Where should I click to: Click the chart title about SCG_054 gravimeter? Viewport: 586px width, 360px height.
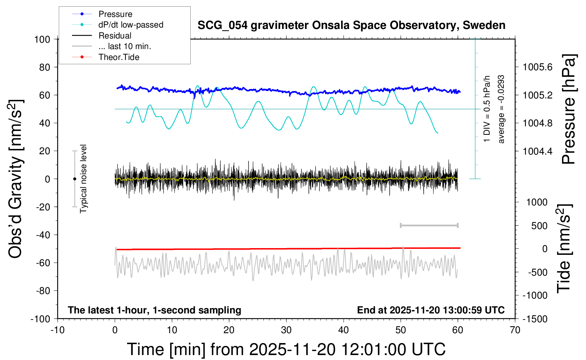(x=351, y=25)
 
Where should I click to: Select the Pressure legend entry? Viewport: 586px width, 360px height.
(x=115, y=14)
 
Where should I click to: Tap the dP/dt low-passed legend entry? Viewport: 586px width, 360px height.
(x=131, y=25)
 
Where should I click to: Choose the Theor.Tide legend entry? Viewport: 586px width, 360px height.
(x=119, y=57)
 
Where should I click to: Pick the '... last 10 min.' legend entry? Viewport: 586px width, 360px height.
(x=125, y=46)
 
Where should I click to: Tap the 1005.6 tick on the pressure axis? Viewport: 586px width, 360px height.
(x=538, y=67)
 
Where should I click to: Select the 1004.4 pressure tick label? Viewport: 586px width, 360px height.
(x=538, y=151)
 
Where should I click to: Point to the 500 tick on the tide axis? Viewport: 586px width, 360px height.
(x=539, y=226)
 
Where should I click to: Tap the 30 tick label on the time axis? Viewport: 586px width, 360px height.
(x=286, y=330)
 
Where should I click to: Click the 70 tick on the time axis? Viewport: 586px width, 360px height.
(x=515, y=330)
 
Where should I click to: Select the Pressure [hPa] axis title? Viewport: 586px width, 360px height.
(x=569, y=109)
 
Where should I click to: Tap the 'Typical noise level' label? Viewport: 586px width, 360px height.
(x=83, y=179)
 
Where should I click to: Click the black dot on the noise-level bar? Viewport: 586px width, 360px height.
(x=74, y=179)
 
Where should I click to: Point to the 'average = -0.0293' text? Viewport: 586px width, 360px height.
(x=501, y=109)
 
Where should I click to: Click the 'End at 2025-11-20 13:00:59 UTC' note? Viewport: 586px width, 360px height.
(x=431, y=310)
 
